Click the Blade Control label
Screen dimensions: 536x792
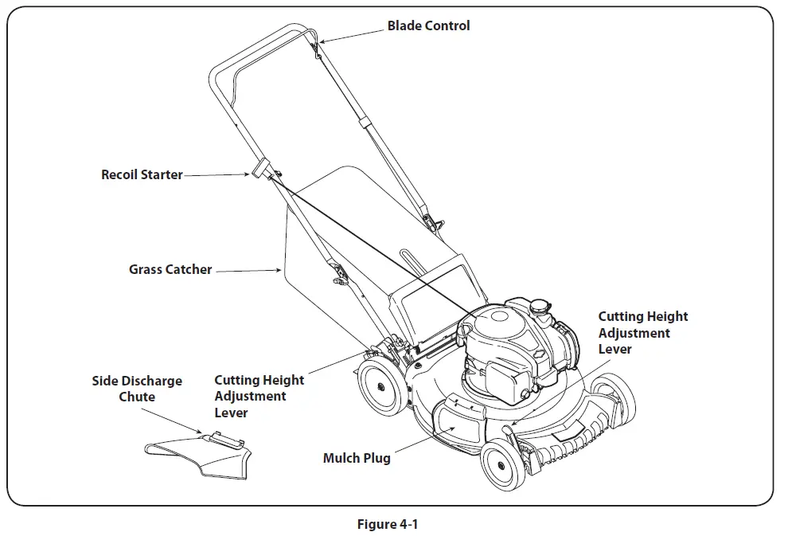pos(428,25)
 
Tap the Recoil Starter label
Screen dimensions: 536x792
pos(142,174)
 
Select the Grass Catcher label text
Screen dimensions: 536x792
pos(170,269)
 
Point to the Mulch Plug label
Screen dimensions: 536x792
pos(357,458)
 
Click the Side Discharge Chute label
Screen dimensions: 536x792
pos(137,389)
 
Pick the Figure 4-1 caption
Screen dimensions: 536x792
pos(388,524)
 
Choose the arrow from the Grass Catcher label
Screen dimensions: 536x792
pos(248,272)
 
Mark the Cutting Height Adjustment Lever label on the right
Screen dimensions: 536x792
pos(642,332)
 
